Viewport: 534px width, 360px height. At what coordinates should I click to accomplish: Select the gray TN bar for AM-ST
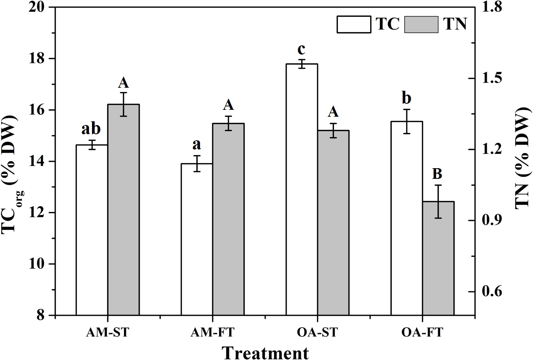(x=123, y=210)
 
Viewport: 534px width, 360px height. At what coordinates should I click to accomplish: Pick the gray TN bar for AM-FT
(x=228, y=219)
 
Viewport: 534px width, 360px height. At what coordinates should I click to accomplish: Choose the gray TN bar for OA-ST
(x=333, y=223)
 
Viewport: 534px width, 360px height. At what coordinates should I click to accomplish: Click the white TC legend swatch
(x=353, y=24)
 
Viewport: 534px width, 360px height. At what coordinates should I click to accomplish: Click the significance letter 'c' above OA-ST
(x=302, y=49)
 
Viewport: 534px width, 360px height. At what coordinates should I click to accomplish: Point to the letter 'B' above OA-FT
(x=437, y=174)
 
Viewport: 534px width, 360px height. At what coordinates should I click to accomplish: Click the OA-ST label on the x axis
(x=317, y=333)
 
